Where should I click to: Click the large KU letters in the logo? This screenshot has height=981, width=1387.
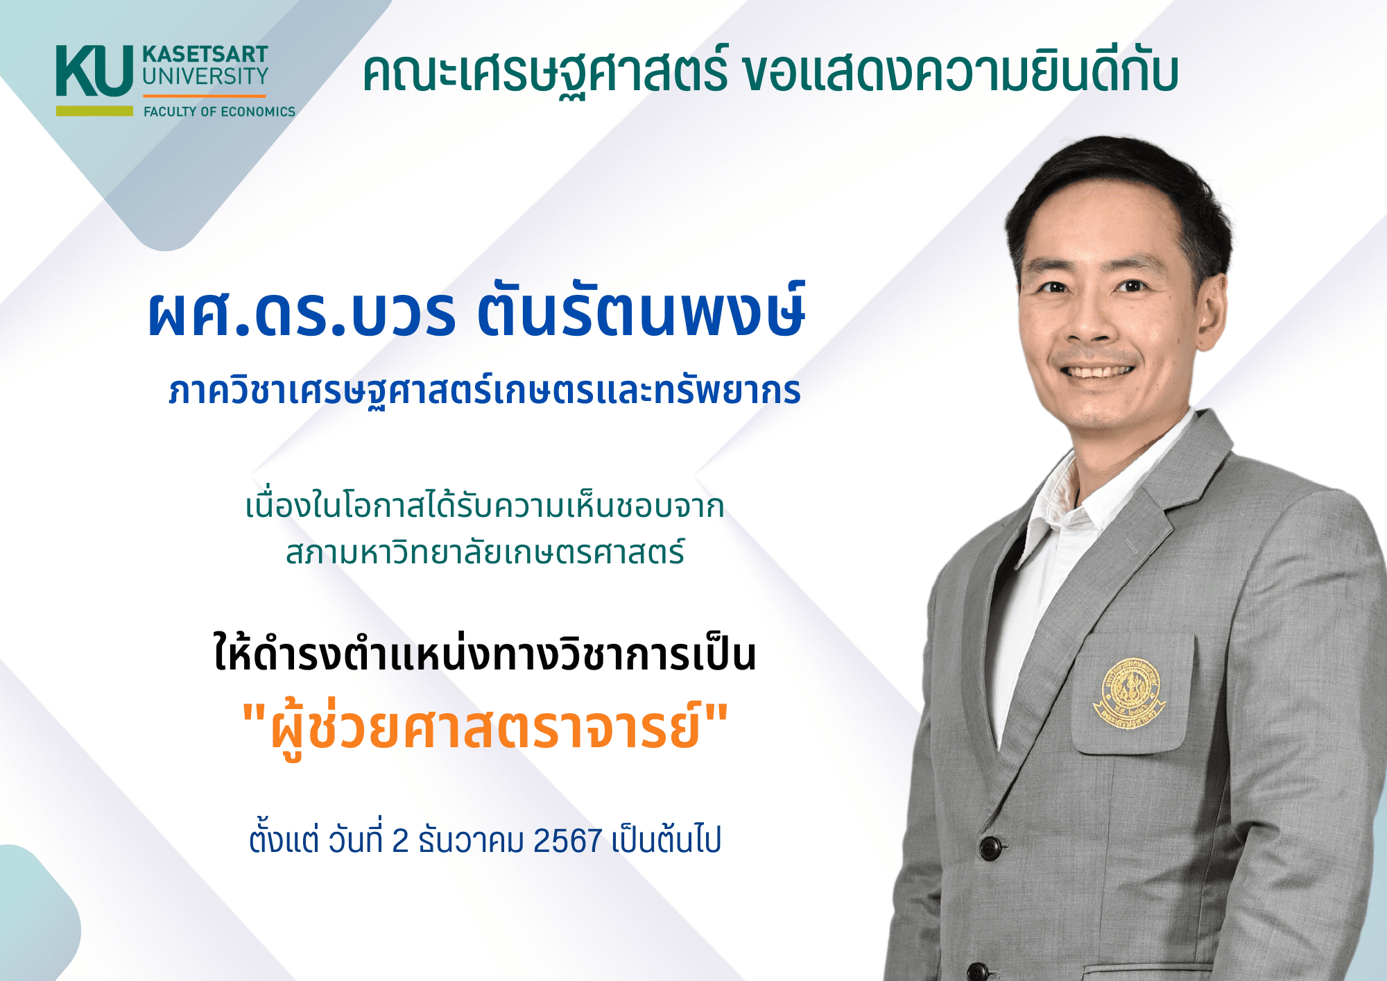pyautogui.click(x=94, y=71)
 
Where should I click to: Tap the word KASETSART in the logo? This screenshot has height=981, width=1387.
pyautogui.click(x=205, y=54)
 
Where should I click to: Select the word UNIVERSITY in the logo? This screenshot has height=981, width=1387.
pyautogui.click(x=205, y=76)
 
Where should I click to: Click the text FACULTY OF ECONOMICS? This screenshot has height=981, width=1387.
pyautogui.click(x=219, y=112)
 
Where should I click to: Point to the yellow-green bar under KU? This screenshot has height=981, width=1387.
pyautogui.click(x=94, y=111)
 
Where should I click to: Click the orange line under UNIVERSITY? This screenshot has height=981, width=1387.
pyautogui.click(x=205, y=96)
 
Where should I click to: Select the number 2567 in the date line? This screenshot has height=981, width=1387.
pyautogui.click(x=567, y=841)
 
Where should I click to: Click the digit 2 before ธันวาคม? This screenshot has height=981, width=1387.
pyautogui.click(x=400, y=841)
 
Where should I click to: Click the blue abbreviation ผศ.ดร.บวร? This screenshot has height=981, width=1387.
pyautogui.click(x=302, y=314)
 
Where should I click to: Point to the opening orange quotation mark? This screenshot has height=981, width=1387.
pyautogui.click(x=254, y=713)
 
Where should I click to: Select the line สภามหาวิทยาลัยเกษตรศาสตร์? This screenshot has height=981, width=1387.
pyautogui.click(x=485, y=552)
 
